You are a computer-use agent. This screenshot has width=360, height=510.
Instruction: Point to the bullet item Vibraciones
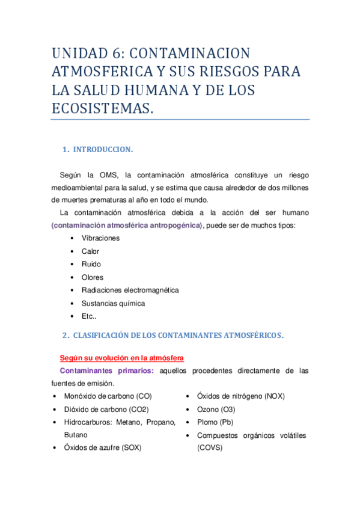pos(100,238)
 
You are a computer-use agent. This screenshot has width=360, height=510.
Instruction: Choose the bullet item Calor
pos(90,251)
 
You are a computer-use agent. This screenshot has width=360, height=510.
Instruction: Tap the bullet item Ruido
pos(91,264)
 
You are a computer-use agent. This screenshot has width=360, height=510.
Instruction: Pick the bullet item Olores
pos(93,277)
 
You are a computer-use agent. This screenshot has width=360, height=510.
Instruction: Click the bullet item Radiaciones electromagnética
pos(130,290)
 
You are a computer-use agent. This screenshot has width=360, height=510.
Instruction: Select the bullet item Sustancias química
pos(113,303)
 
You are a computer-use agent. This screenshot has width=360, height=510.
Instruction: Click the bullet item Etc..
pos(89,316)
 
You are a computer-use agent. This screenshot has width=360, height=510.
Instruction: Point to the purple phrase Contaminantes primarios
pos(107,370)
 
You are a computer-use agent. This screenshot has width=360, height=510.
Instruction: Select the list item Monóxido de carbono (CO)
pos(108,396)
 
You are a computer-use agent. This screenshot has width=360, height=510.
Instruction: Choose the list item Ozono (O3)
pos(216,409)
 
